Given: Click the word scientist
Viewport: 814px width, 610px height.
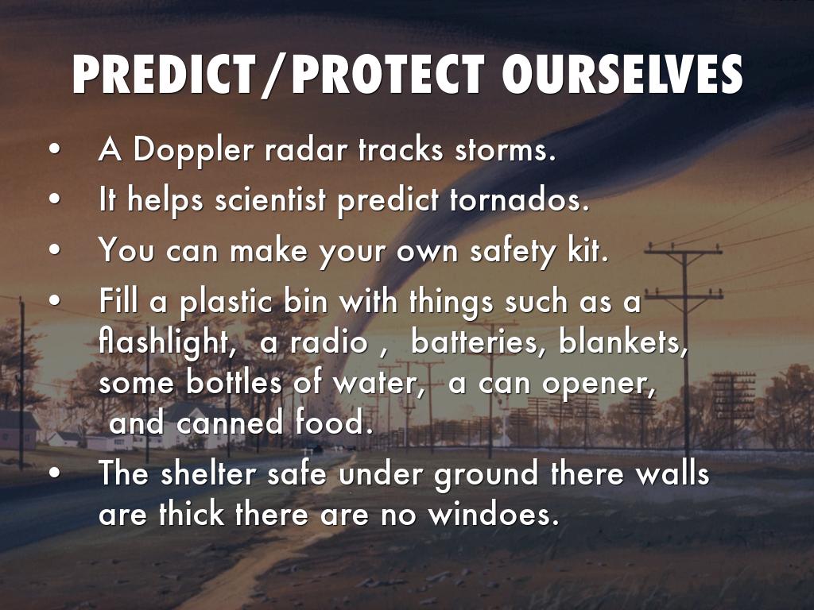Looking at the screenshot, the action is [x=271, y=199].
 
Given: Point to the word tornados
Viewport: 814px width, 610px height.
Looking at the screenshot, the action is [x=520, y=199].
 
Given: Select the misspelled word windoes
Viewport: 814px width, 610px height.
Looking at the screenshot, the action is [x=494, y=514].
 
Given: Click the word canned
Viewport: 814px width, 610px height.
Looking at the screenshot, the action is [x=230, y=423].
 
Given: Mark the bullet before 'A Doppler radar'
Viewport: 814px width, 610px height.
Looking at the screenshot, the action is [x=55, y=149].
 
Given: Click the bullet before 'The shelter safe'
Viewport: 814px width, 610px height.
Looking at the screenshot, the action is [x=55, y=473].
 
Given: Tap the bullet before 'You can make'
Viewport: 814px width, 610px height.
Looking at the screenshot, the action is [x=55, y=249].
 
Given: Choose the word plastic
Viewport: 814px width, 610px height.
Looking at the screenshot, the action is [x=227, y=302].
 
